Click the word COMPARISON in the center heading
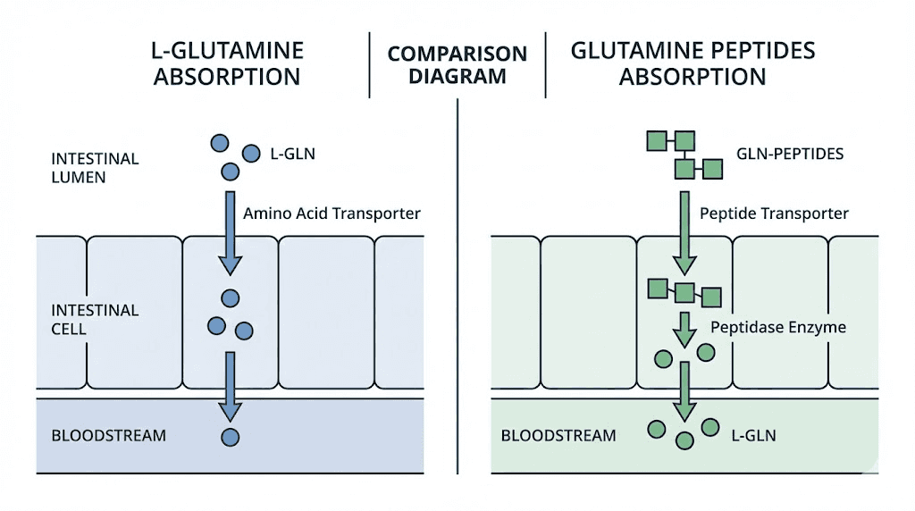point(457,54)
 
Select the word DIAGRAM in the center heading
point(457,76)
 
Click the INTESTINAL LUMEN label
point(95,168)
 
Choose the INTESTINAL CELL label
point(95,320)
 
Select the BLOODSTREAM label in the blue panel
point(108,436)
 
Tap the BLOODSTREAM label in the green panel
point(558,436)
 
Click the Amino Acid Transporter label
point(332,214)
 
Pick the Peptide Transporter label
point(774,214)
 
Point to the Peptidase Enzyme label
point(777,327)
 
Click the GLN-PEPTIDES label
point(789,154)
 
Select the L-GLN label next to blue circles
point(292,154)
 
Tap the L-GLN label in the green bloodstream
point(753,436)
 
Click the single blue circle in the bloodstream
point(231,437)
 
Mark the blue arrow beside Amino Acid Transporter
point(231,232)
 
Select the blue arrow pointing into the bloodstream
point(231,386)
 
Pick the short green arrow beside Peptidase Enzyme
point(684,330)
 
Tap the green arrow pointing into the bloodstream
point(684,391)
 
